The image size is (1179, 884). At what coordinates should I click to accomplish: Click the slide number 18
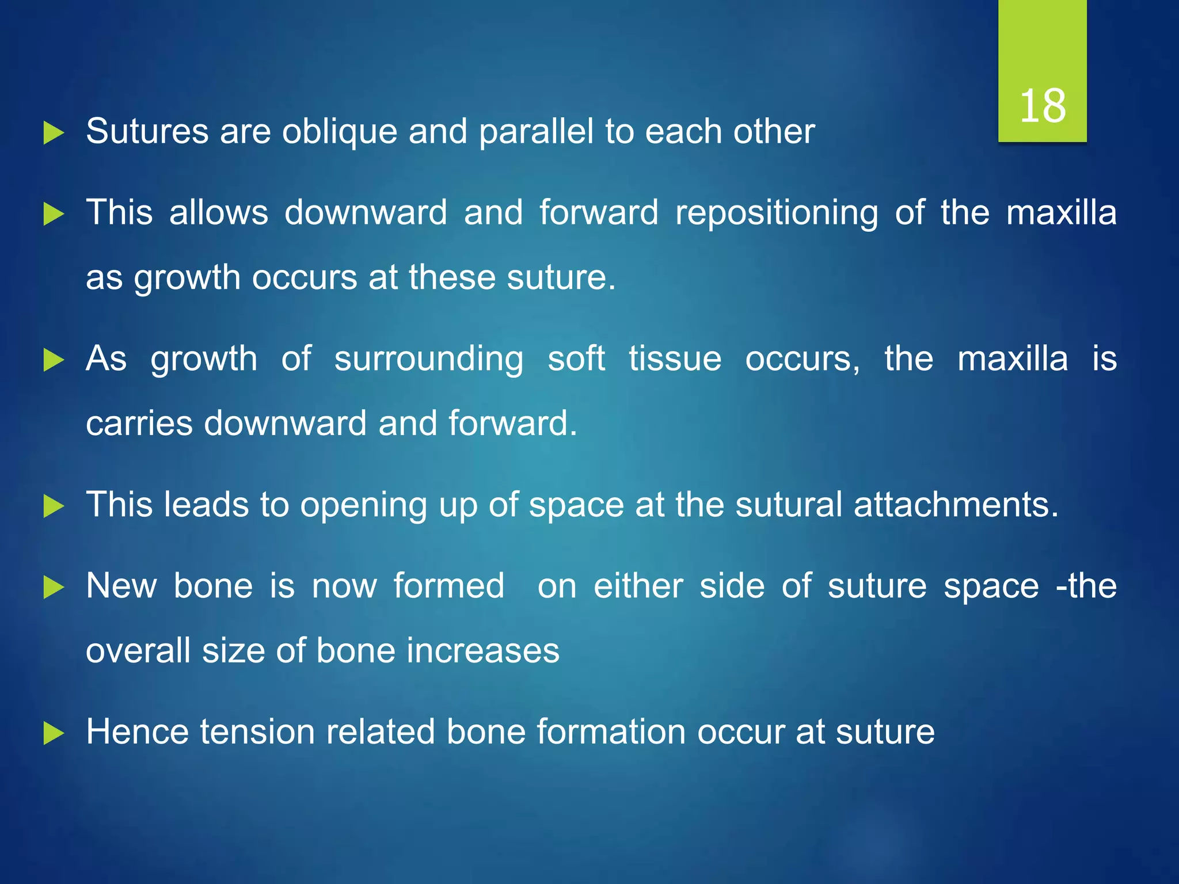tap(1043, 106)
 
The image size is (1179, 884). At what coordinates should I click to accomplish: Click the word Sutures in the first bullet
tap(147, 131)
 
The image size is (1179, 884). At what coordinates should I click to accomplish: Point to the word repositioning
tap(777, 214)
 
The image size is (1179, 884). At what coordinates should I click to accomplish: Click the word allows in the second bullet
tap(219, 212)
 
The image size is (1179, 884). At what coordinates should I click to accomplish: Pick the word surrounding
tap(429, 360)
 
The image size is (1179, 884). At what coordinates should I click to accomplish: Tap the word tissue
tap(675, 359)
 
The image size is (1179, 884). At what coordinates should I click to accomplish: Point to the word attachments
tap(955, 505)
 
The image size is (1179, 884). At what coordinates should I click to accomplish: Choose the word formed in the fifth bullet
tap(449, 586)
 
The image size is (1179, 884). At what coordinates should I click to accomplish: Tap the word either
tap(638, 586)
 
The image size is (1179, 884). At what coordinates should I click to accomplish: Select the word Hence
tap(137, 732)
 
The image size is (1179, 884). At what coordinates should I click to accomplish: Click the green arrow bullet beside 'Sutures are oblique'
tap(54, 134)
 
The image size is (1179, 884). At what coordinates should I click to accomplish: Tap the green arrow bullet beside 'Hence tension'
tap(54, 734)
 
